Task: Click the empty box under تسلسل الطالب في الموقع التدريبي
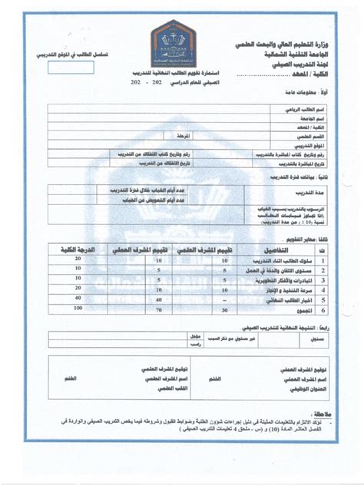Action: (71, 67)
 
